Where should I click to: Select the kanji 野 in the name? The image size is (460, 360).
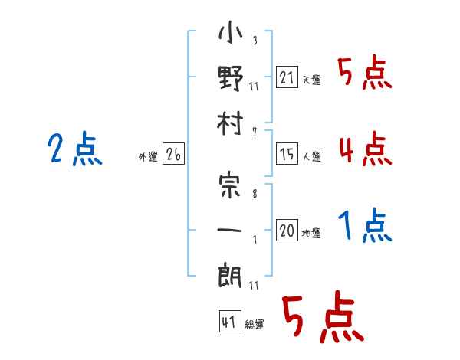click(230, 78)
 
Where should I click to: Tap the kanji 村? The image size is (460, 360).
click(230, 123)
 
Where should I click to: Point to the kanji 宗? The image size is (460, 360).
click(230, 185)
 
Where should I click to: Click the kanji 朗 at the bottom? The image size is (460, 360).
click(230, 277)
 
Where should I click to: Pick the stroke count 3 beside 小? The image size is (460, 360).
click(255, 40)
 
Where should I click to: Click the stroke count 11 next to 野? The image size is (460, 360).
click(254, 87)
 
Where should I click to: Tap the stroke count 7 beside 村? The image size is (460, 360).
click(255, 132)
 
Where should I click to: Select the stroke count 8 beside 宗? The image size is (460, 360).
click(255, 194)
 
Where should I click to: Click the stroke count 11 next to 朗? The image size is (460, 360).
click(254, 285)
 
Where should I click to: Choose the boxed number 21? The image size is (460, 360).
click(287, 77)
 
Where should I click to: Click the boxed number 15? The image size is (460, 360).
click(287, 154)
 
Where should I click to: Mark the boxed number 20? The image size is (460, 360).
click(287, 230)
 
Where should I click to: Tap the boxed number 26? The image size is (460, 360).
click(173, 154)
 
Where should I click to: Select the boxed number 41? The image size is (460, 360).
click(230, 322)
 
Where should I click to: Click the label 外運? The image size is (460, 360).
click(148, 157)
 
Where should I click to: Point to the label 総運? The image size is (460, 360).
click(255, 325)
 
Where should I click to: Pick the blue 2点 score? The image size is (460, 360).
click(75, 149)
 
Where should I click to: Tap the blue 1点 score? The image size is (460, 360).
click(365, 225)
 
